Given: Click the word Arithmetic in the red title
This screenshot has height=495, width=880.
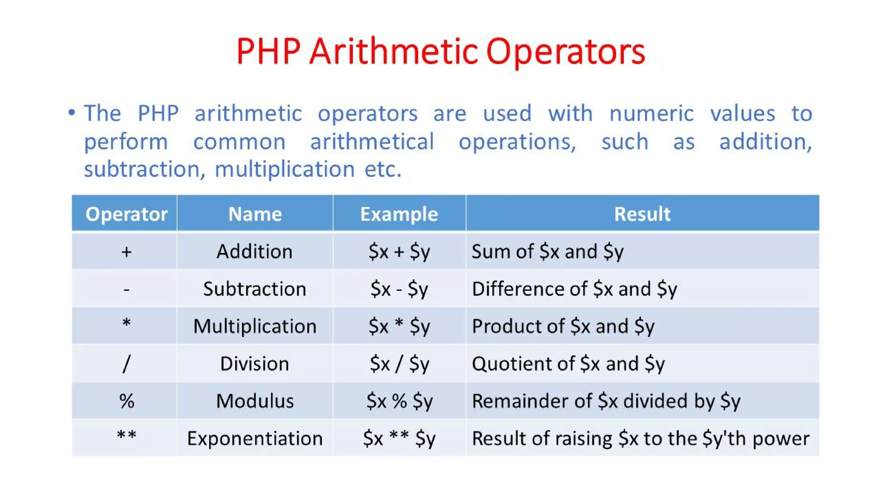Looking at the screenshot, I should coord(393,52).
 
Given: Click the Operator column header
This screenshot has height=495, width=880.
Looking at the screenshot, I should coord(126,214).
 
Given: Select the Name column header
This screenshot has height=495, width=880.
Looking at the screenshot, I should coord(255,214).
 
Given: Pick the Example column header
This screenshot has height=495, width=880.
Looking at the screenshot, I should coord(399,214).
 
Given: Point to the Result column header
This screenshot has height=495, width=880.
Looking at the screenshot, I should coord(642,214).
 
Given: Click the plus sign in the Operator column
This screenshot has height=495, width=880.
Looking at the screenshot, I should coord(126,252).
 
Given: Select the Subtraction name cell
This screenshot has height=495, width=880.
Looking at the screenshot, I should coord(255,289).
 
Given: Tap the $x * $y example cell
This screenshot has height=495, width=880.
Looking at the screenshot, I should coord(399,326).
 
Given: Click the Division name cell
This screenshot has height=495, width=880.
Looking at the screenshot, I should coord(255,364).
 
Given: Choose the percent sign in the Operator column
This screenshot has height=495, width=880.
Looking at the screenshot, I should coord(127,401).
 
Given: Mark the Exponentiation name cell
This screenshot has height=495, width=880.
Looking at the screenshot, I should coord(255,438).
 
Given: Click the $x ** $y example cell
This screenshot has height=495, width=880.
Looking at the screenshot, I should coord(399,438).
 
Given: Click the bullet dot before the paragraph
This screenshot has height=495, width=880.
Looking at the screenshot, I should coord(72,113).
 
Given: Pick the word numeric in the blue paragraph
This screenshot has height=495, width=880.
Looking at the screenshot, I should coord(651,114).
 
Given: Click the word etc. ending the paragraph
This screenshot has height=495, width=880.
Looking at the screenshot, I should coord(383,169).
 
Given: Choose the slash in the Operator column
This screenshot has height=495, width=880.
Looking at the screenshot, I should coord(126,364).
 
